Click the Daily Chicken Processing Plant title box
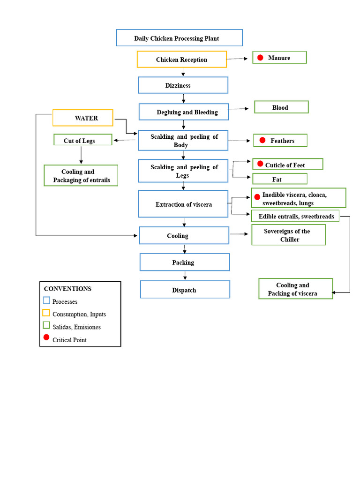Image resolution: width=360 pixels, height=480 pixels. [179, 38]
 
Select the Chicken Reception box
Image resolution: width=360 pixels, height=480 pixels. [182, 60]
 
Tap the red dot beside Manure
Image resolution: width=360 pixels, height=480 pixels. [260, 58]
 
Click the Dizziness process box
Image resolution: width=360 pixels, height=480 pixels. [183, 85]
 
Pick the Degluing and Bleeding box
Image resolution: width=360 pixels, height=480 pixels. [184, 112]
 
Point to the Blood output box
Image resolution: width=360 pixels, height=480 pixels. [281, 107]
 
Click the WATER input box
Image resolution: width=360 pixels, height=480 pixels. [83, 118]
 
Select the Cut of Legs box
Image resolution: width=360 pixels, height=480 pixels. [82, 140]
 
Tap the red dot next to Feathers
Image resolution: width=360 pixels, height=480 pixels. [262, 140]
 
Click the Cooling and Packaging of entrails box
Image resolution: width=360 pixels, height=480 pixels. [81, 176]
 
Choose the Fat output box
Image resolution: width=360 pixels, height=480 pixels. [280, 179]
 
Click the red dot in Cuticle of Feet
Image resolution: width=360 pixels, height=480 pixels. [260, 164]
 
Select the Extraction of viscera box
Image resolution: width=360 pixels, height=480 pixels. [183, 204]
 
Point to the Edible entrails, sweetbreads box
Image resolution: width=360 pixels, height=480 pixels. [295, 216]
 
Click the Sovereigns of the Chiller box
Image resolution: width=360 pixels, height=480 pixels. [288, 235]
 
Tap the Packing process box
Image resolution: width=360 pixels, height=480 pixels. [184, 262]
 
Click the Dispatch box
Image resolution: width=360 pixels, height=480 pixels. [185, 290]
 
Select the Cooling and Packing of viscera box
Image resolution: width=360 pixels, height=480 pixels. [295, 289]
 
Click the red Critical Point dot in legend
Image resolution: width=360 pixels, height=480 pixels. [46, 337]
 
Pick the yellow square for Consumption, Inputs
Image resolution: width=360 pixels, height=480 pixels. [46, 313]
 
